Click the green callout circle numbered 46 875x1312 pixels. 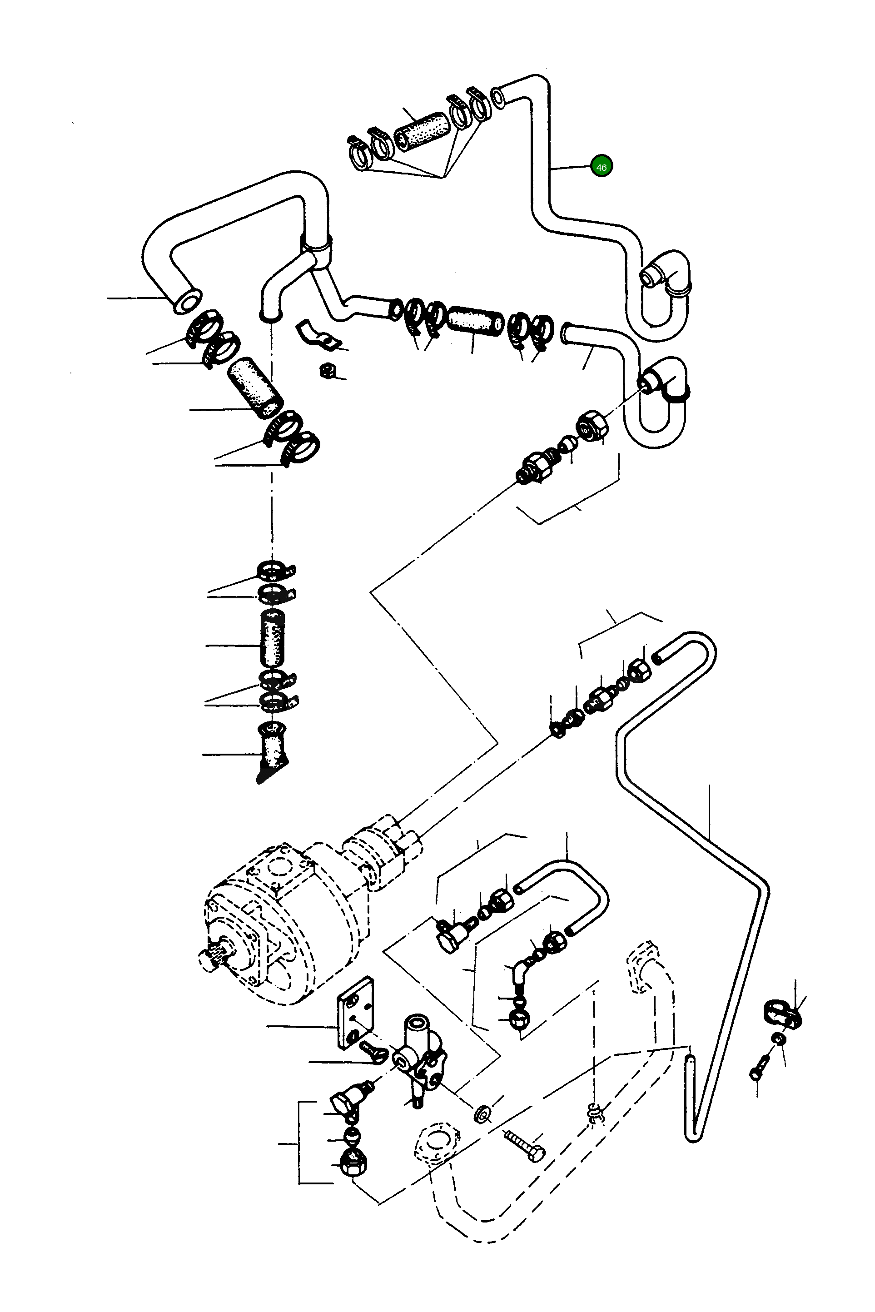tap(601, 166)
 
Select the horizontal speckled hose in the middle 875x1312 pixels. tap(475, 322)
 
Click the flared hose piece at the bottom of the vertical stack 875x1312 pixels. tap(272, 750)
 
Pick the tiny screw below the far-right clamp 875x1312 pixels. tap(759, 1066)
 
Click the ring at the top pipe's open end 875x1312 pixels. tap(498, 98)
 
